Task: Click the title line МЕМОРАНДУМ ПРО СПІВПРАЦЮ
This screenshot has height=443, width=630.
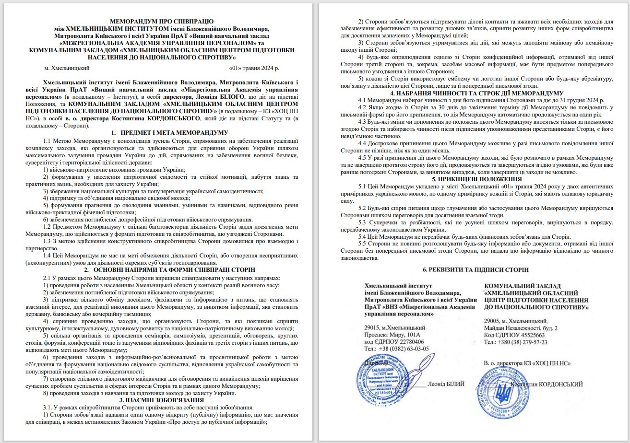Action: point(162,22)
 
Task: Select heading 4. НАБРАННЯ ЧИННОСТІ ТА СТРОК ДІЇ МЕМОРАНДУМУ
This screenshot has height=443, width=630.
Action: point(470,93)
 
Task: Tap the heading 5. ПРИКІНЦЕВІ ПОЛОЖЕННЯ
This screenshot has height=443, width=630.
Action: point(470,179)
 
